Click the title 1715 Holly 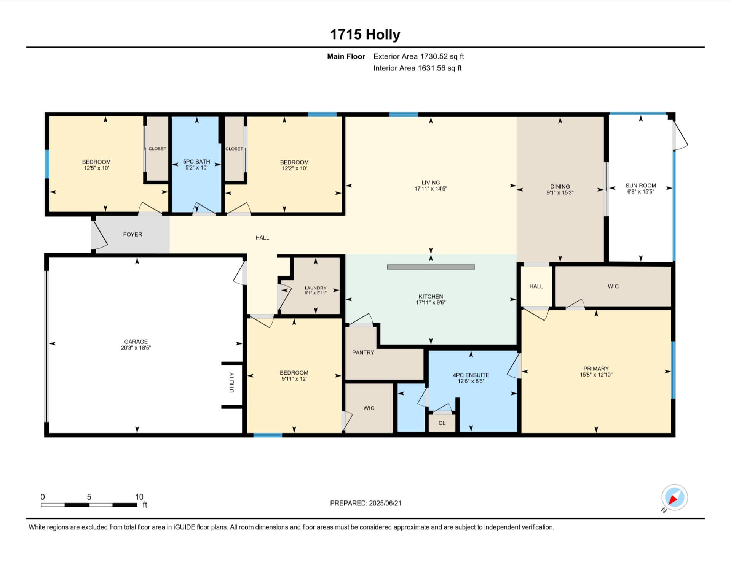point(365,35)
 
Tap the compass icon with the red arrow point(674,497)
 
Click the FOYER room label point(132,235)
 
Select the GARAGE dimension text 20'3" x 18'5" point(136,348)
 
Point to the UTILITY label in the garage point(231,383)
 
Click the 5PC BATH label point(196,162)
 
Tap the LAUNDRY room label point(316,288)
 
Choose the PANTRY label point(363,353)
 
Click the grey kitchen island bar point(431,267)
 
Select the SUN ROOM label point(641,186)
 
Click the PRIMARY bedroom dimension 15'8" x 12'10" point(596,375)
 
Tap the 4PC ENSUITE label point(471,375)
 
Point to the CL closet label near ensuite point(442,423)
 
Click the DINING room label point(560,186)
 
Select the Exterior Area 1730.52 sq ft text point(418,57)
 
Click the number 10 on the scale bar point(139,497)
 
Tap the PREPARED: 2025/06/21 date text point(365,503)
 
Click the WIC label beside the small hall point(613,286)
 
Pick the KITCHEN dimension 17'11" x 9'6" point(431,303)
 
